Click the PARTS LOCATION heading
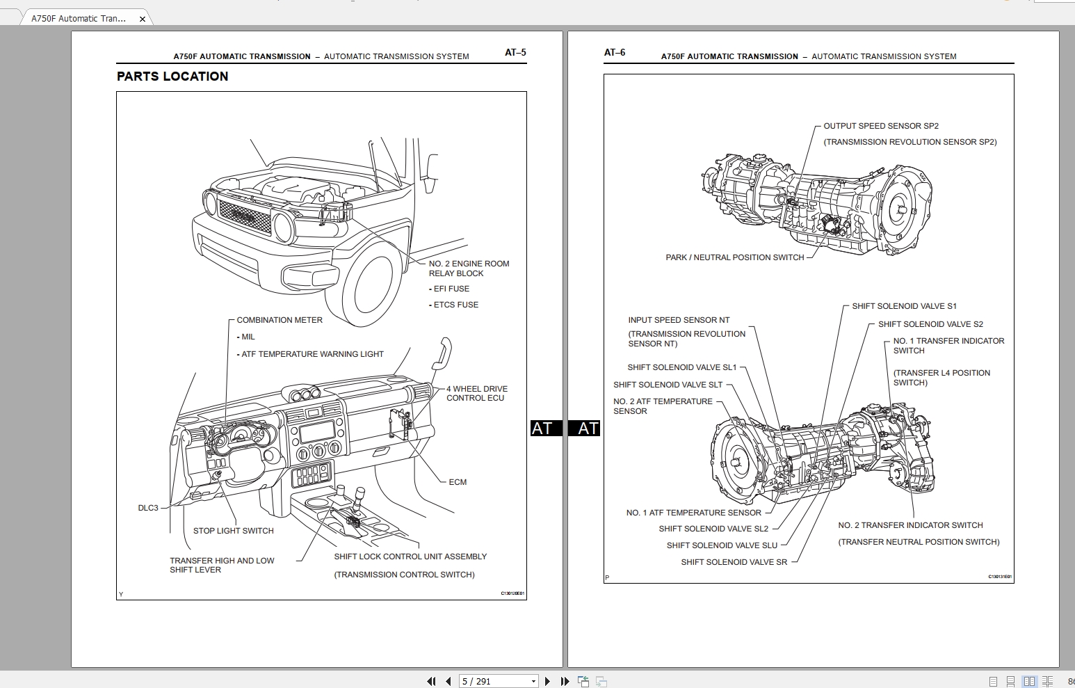[172, 77]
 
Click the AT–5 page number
[515, 52]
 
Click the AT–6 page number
[615, 52]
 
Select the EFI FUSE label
[451, 289]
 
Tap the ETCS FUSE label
[455, 305]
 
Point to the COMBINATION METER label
[280, 320]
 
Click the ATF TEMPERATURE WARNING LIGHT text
[312, 354]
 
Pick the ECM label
[458, 482]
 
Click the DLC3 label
[148, 508]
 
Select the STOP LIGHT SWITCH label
[233, 531]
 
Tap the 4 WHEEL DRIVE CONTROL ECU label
[476, 393]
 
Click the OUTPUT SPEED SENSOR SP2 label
[881, 126]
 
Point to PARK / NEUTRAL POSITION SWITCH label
[734, 257]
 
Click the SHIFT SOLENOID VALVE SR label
[734, 562]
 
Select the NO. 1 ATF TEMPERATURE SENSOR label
[693, 513]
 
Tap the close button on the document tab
[143, 19]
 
